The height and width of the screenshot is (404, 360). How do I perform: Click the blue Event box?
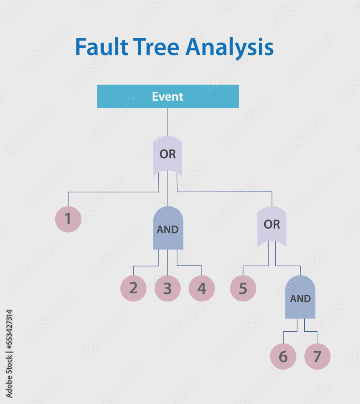[168, 97]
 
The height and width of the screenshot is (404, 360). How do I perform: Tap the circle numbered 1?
[68, 219]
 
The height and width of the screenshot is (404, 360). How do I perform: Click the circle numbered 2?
[133, 288]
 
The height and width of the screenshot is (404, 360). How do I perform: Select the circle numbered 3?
[167, 288]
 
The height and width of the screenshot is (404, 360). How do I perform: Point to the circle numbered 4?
[202, 288]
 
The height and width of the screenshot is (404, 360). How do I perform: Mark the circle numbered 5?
[243, 288]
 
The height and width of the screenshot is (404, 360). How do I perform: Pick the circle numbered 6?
[283, 357]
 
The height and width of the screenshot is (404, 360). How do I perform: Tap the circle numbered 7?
[317, 357]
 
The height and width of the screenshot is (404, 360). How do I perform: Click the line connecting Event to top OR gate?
[168, 122]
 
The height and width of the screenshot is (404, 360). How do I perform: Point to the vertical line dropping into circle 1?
[68, 199]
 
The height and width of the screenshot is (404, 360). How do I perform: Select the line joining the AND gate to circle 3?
[167, 263]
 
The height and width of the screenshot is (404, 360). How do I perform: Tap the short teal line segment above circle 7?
[317, 338]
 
